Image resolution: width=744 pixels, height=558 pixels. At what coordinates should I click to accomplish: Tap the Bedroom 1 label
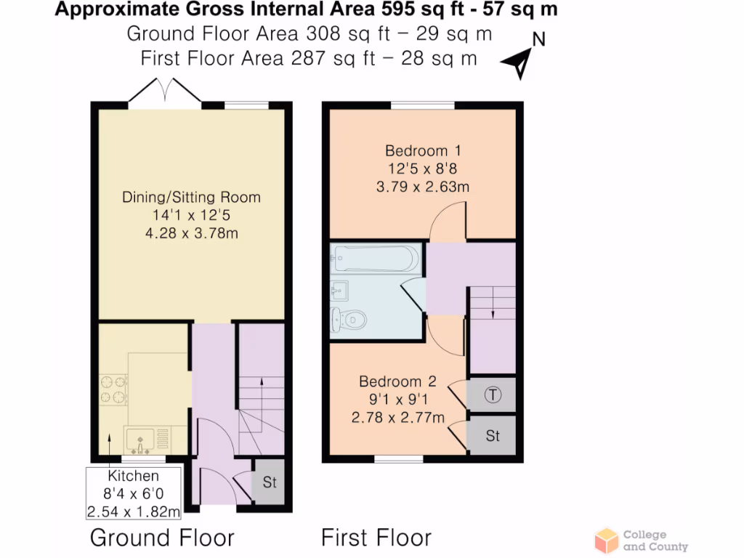423,151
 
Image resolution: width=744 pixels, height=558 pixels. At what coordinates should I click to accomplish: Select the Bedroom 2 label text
397,381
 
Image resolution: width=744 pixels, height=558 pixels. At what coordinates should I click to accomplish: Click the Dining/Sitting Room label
191,198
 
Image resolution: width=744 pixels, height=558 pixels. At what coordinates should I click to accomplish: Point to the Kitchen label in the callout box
134,477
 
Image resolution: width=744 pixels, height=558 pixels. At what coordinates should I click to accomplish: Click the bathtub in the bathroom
376,258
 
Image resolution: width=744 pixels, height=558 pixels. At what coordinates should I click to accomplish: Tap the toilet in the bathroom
347,318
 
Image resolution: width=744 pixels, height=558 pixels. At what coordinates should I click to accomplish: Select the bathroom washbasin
339,291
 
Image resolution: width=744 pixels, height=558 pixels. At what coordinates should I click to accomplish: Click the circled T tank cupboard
493,395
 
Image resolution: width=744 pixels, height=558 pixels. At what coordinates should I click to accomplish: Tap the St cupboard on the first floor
493,436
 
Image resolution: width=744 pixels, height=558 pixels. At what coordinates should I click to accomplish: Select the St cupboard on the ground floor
269,482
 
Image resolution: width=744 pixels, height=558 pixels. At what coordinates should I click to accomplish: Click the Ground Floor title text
162,538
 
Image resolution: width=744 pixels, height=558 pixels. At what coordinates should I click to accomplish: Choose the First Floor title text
376,538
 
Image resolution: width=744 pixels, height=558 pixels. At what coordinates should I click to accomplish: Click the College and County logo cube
607,541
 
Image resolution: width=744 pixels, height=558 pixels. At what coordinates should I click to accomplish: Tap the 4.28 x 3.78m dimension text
191,233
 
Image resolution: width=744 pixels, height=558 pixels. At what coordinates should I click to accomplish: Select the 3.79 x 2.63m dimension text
423,187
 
